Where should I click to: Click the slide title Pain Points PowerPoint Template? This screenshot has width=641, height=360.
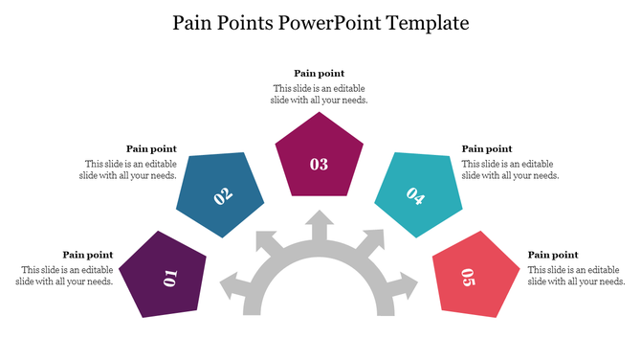320,22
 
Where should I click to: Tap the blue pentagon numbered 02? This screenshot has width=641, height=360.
221,194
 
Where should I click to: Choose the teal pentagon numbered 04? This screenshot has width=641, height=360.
417,194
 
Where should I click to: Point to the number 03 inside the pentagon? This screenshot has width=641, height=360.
320,164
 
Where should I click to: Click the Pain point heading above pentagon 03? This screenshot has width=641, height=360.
319,74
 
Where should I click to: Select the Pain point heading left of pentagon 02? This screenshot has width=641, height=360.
151,148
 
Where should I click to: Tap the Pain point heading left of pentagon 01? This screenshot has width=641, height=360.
88,255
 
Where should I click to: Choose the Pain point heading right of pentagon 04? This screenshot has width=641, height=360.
487,148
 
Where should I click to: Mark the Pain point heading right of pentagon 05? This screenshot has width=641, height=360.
553,255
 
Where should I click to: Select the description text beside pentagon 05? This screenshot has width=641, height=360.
576,276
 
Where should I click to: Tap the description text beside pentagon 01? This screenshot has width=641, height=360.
66,276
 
